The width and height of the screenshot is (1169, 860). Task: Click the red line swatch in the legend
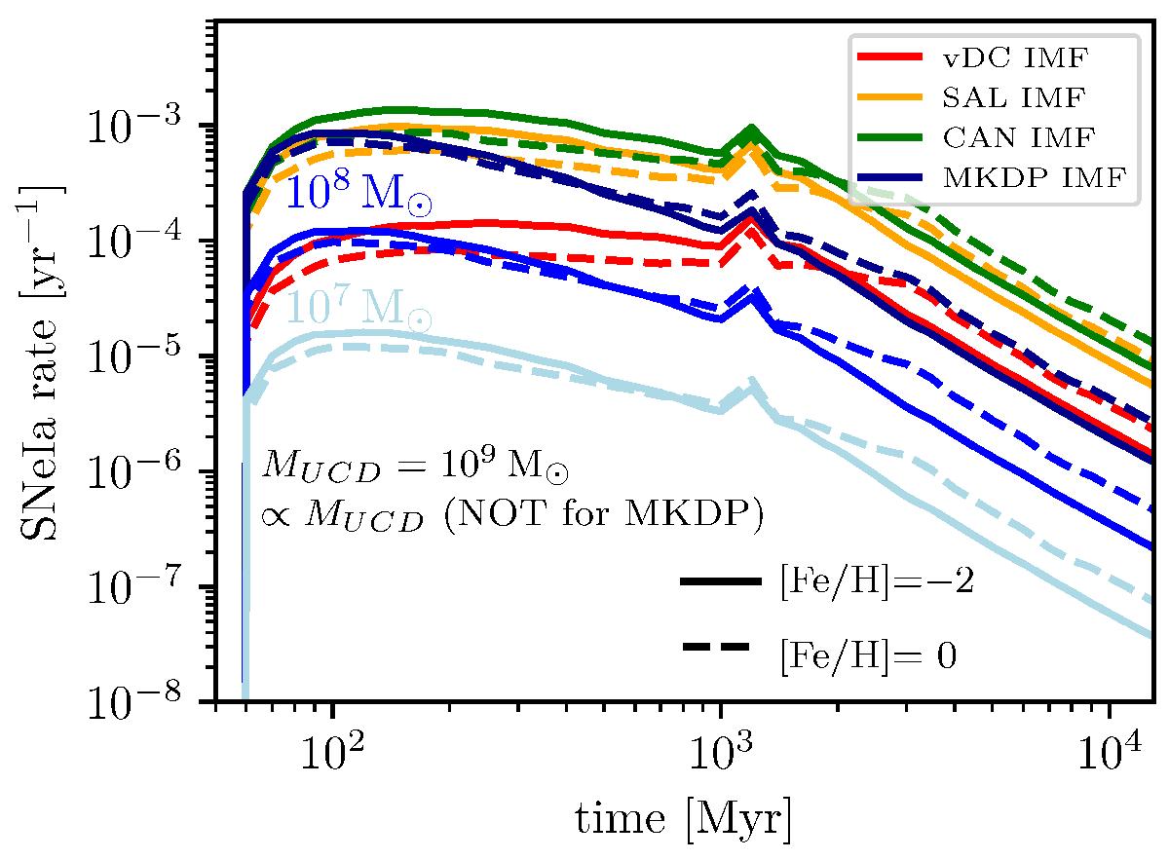(888, 58)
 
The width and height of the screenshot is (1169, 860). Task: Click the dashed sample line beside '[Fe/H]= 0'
(720, 648)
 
